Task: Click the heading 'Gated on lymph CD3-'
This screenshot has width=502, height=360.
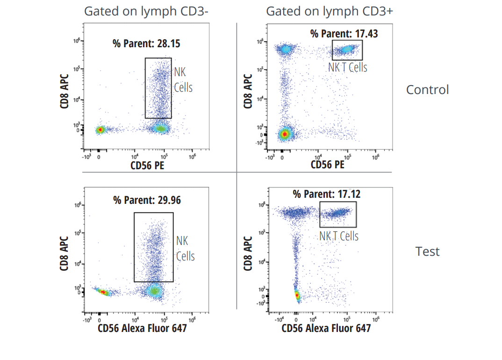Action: tap(146, 11)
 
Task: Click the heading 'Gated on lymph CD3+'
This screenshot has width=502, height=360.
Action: tap(330, 11)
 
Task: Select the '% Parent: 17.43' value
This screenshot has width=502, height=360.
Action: tap(344, 33)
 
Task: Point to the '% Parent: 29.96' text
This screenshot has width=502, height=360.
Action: tap(147, 200)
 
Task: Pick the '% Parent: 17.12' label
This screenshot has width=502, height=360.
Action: tap(327, 194)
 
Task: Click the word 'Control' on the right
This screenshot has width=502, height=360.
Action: tap(427, 89)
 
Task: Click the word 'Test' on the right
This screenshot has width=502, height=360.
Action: tap(428, 252)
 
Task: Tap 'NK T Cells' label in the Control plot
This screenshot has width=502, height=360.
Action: tap(347, 67)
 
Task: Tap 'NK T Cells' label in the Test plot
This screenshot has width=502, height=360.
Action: tap(339, 236)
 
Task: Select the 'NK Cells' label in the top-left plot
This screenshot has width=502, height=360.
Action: tap(183, 79)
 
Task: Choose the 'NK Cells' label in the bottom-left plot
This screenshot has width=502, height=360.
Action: tap(185, 248)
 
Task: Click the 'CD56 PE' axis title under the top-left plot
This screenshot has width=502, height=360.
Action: tap(146, 165)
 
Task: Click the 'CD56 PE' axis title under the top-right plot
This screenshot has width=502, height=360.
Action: tap(328, 165)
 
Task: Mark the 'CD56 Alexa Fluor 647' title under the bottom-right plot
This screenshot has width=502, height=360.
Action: tap(326, 328)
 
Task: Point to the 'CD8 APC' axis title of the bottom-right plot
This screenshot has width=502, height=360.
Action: tap(248, 253)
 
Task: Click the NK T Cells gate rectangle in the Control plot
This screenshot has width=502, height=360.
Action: tap(347, 50)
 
